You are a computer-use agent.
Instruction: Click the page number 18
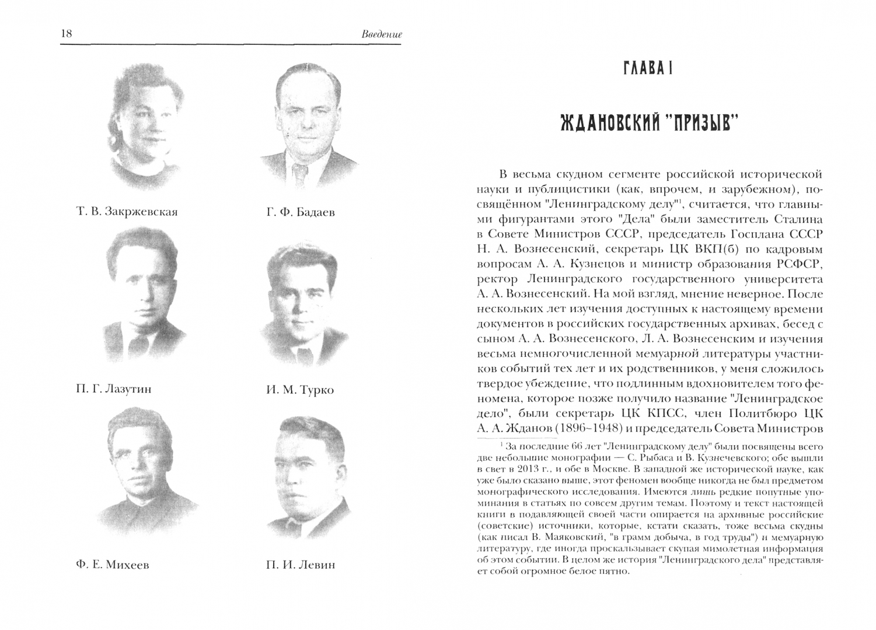(x=66, y=34)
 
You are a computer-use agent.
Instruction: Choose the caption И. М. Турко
(x=299, y=390)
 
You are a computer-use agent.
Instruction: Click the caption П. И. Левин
(x=300, y=565)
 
